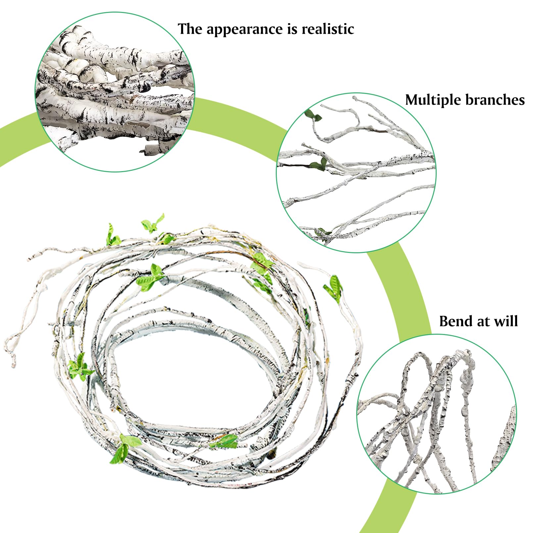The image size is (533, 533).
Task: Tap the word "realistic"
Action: coord(328,29)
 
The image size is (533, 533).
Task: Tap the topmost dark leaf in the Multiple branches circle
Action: coord(313,115)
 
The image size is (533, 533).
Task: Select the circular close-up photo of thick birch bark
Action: coord(115,92)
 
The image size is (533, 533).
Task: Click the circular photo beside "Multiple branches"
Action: coord(356,172)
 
